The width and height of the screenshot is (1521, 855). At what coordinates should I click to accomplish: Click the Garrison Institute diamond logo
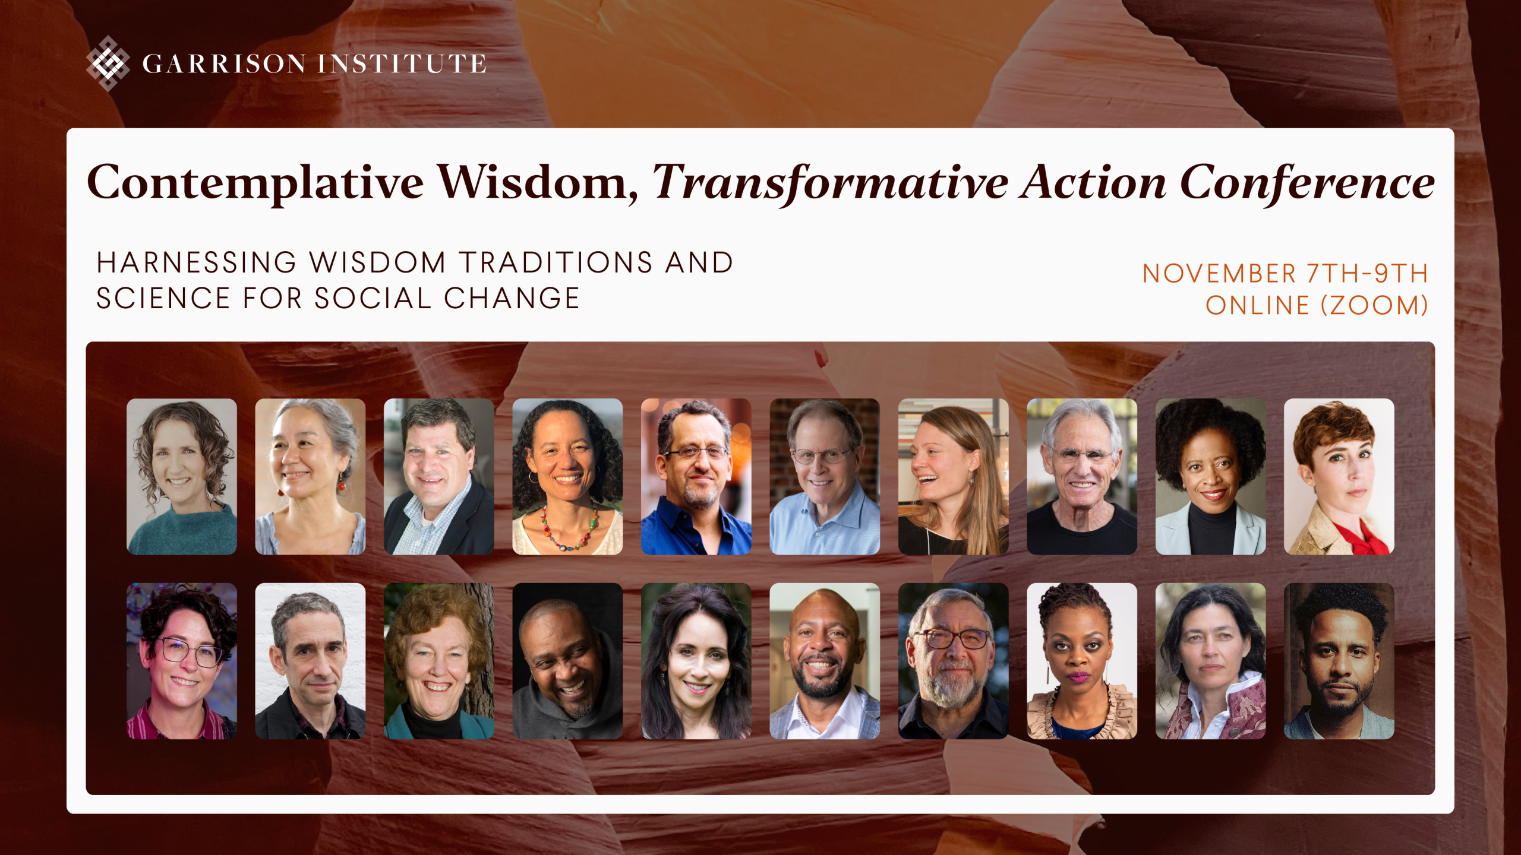pos(108,63)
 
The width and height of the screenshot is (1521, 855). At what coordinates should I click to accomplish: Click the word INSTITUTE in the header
pos(402,64)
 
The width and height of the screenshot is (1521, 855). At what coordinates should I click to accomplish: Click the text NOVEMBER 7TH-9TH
pos(1285,274)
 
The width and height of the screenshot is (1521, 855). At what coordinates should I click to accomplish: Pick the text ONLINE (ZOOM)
pos(1317,305)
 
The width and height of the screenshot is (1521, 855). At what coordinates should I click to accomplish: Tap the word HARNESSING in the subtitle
pos(197,262)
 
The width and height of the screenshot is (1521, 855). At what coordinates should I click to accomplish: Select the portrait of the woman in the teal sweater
pos(182,476)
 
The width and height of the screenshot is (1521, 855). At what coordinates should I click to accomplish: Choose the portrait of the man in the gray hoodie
pos(567,661)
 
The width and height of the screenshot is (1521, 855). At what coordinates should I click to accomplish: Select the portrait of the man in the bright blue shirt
pos(696,476)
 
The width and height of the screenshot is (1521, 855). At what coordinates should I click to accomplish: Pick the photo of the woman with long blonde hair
pos(953,476)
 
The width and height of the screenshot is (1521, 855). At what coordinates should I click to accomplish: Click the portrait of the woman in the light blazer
pos(1210,476)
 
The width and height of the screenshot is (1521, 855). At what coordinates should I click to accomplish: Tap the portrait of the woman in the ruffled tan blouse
pos(1082,661)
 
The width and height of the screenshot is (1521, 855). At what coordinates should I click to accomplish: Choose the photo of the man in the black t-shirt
pos(1082,476)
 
